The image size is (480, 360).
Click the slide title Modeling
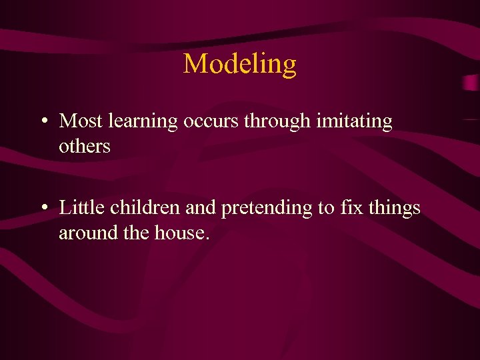(240, 64)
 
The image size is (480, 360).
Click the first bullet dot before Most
(42, 122)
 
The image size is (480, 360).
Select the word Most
(79, 121)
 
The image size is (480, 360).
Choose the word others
(85, 146)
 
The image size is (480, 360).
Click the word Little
(82, 208)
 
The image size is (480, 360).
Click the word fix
(349, 208)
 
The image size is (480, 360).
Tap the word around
(83, 233)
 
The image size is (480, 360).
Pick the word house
(179, 233)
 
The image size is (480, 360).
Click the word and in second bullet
(201, 208)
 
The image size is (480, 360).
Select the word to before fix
(326, 209)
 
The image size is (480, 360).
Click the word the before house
(130, 233)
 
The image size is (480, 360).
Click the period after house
(207, 239)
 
